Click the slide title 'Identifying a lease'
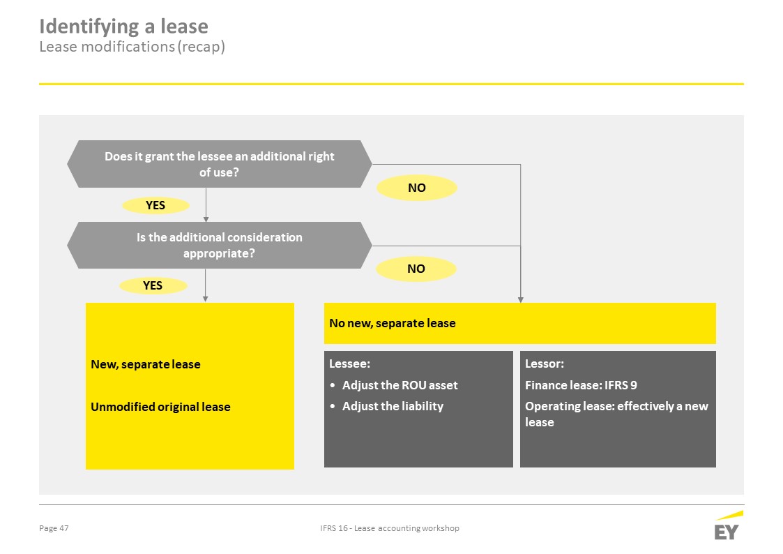click(124, 27)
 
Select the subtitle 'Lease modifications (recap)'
click(132, 47)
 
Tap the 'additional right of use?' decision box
click(219, 164)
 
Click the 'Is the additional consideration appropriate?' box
click(219, 246)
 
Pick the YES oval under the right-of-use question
click(155, 205)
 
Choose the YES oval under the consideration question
click(153, 285)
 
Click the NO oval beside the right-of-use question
click(416, 188)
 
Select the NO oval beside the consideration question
click(416, 269)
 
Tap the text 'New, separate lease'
click(146, 364)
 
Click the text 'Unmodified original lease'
click(161, 407)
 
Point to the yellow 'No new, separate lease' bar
click(520, 323)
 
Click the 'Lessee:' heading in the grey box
click(349, 364)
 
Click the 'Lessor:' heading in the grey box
click(545, 364)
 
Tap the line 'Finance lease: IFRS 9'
click(581, 385)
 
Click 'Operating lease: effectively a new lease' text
click(617, 414)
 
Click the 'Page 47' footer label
click(54, 528)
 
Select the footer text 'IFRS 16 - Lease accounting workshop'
click(390, 528)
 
